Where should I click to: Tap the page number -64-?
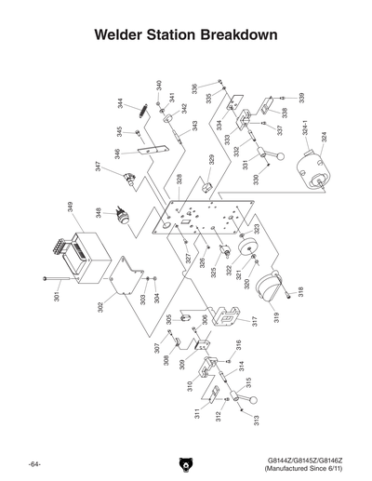[x=34, y=462]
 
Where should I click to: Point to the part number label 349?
[x=71, y=206]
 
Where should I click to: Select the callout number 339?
[x=301, y=98]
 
